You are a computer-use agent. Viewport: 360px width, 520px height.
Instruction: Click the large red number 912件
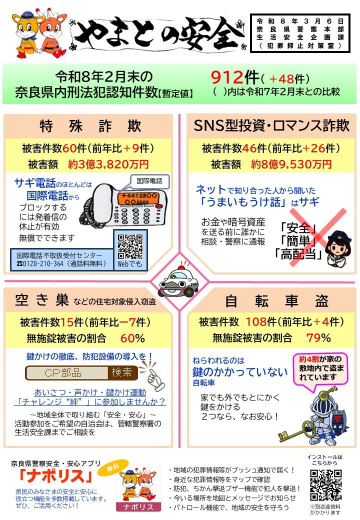click(235, 77)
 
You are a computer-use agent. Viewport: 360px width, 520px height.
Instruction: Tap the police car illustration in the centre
click(178, 281)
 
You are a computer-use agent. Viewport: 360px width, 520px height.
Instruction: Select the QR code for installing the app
click(326, 484)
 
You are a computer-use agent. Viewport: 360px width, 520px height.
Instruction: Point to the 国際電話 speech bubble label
click(149, 181)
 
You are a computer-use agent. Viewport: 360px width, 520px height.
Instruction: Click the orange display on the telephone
click(138, 198)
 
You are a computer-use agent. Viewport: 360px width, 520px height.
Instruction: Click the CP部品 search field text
click(62, 373)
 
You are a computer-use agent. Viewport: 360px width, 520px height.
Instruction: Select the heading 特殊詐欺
click(90, 126)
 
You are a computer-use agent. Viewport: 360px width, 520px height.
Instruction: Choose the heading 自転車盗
click(277, 301)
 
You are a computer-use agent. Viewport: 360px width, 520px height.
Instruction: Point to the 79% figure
click(318, 338)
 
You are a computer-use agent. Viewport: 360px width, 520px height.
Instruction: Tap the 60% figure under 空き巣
click(132, 338)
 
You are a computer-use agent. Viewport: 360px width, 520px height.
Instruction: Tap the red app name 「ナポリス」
click(55, 476)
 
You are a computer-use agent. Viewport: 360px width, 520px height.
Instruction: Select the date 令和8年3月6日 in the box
click(300, 21)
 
